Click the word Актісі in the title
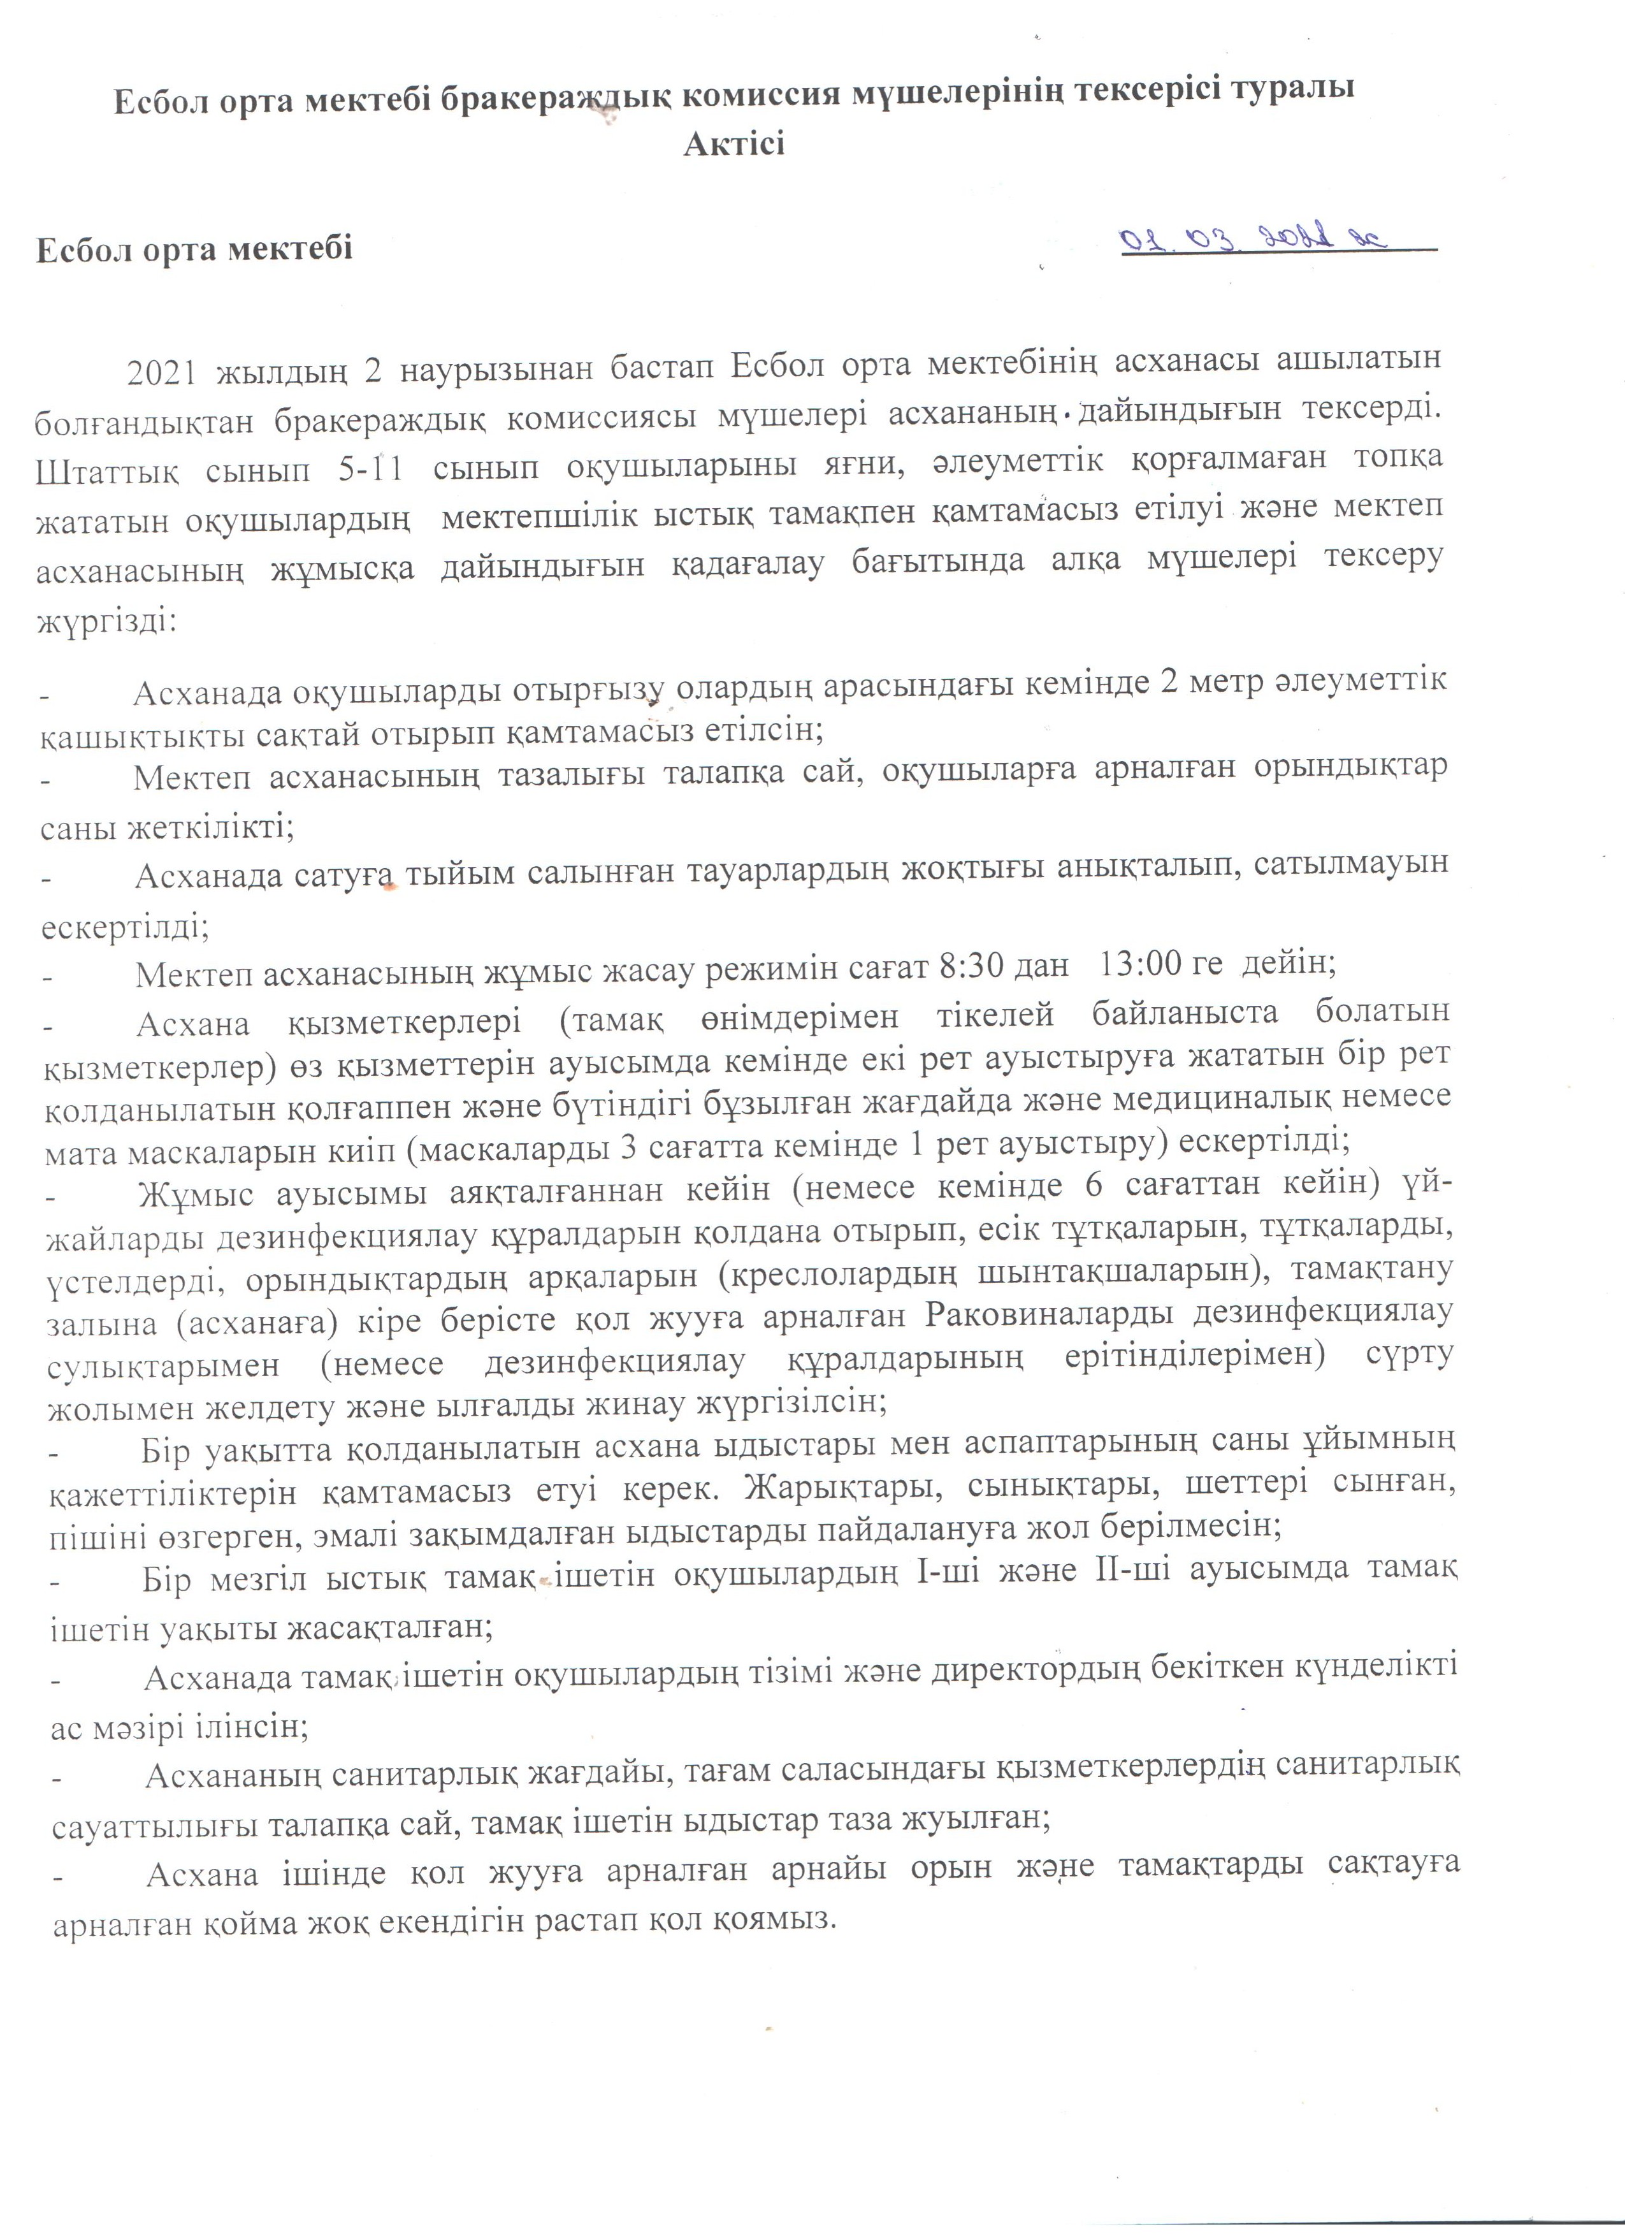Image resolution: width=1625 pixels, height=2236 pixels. pyautogui.click(x=734, y=144)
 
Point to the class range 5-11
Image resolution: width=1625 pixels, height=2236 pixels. pyautogui.click(x=370, y=467)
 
